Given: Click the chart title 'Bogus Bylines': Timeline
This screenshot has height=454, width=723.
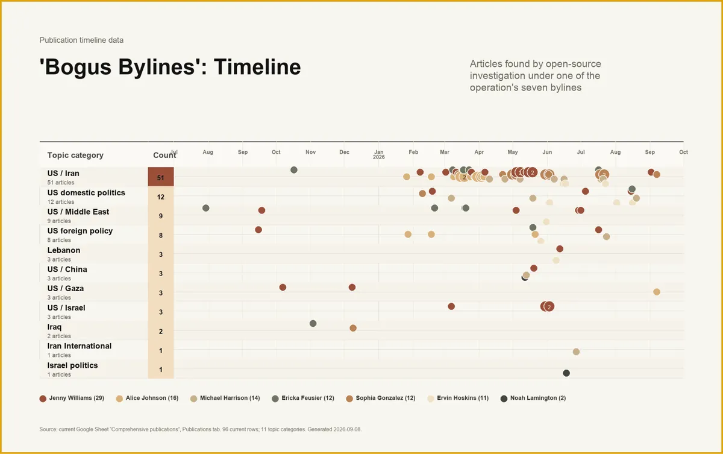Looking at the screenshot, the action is (x=170, y=67).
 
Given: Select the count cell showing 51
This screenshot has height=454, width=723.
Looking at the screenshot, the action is (x=161, y=177).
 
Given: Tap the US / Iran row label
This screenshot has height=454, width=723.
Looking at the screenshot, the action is (x=63, y=174).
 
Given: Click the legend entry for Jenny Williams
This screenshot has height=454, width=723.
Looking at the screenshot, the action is (x=72, y=398).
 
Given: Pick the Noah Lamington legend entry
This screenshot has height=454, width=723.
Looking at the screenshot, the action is (x=533, y=398).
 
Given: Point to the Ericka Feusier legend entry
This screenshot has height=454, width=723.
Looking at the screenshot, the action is (x=303, y=398).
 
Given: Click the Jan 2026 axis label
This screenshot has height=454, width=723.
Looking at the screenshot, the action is (x=378, y=154).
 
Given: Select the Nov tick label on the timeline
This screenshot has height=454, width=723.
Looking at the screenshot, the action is (x=310, y=152).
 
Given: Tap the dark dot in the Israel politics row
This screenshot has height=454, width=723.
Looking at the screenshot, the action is (x=566, y=373).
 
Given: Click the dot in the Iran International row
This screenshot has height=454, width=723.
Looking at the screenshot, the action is (x=576, y=352).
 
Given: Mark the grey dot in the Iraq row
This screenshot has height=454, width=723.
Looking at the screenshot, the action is (x=313, y=323).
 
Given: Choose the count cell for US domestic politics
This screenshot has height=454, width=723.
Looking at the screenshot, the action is (x=161, y=197).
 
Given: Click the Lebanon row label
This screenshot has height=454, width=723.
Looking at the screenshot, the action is (x=64, y=250).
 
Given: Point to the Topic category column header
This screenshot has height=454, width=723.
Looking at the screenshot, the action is (x=75, y=156).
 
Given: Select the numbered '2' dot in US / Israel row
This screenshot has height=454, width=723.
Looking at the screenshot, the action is (x=549, y=306).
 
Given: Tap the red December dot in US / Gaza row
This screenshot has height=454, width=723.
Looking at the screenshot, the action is (x=352, y=288).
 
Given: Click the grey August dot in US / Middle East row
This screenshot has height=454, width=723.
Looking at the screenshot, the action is (x=206, y=208).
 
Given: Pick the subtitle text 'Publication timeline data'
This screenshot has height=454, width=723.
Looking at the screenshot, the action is (x=81, y=40).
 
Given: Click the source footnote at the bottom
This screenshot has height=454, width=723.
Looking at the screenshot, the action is (x=201, y=429).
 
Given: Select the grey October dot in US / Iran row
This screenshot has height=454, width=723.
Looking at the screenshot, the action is (x=294, y=170).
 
